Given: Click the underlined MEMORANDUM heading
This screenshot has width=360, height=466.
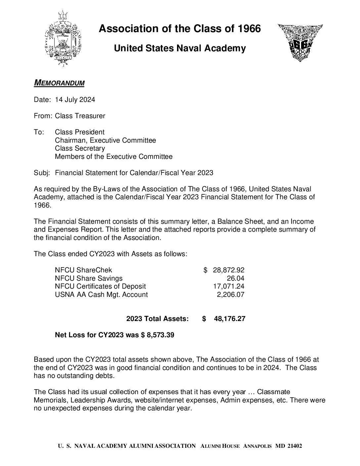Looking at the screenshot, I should point(59,82).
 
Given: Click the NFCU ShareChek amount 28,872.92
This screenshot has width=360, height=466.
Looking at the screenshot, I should point(229,270).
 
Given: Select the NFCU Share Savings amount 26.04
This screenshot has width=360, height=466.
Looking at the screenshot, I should point(236,278).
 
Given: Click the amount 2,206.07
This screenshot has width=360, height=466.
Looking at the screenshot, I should point(231,294).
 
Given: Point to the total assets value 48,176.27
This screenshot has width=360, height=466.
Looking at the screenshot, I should point(230,319).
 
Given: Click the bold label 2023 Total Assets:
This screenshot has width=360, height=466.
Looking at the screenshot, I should point(157,319).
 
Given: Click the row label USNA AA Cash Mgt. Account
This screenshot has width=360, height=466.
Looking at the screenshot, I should point(101,294).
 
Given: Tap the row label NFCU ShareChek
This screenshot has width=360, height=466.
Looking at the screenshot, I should point(83,270).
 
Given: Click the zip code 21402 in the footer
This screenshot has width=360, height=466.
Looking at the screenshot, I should point(294,446).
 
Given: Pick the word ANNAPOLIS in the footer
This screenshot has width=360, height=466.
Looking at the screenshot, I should point(257,446).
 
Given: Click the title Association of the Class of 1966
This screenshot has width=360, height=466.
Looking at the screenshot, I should point(180,29).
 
